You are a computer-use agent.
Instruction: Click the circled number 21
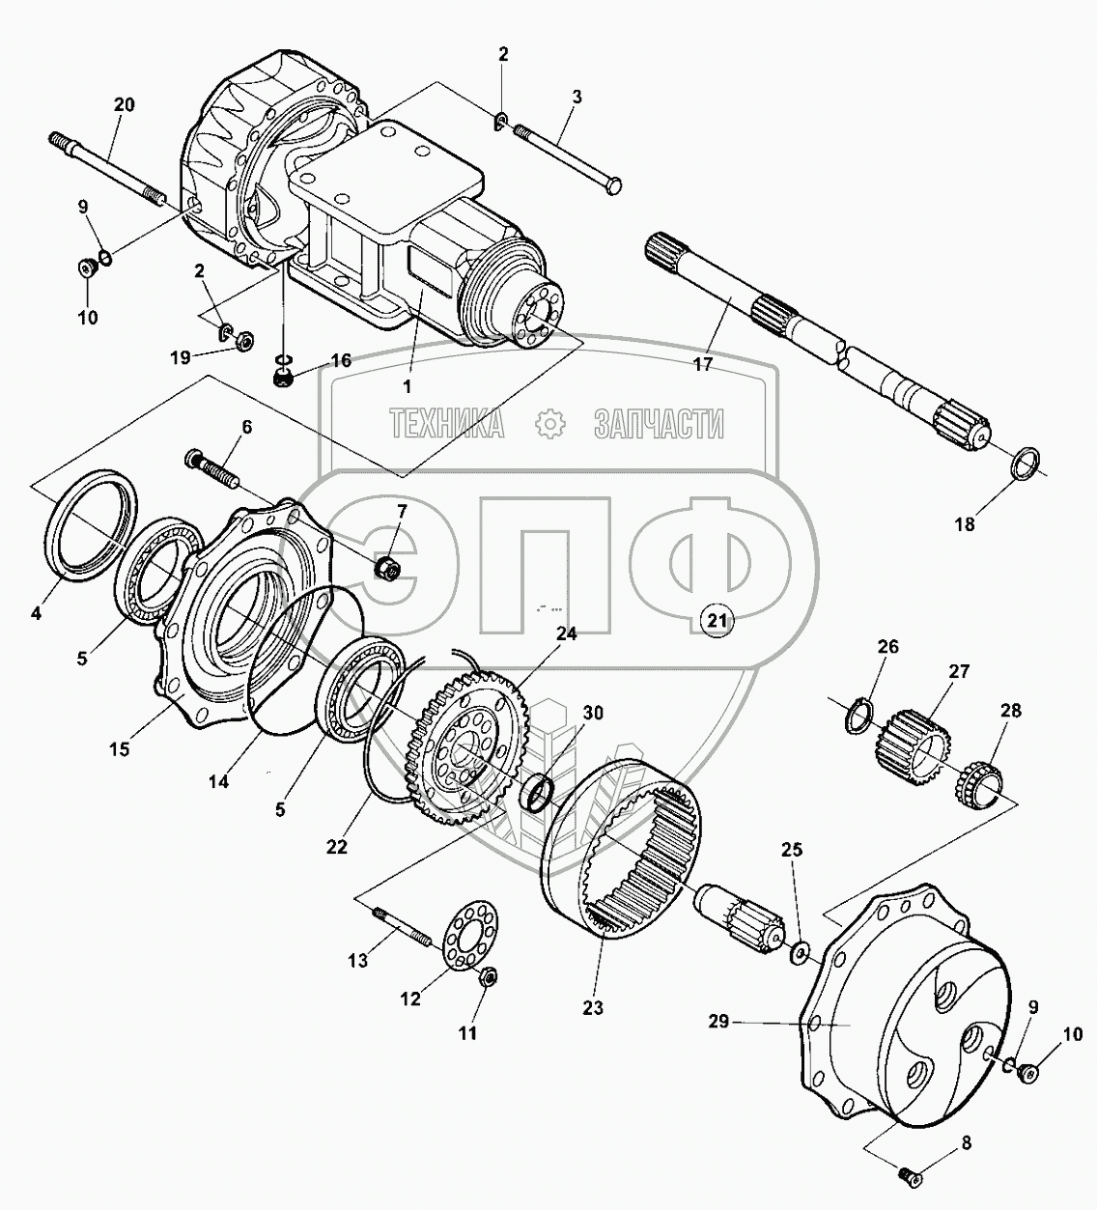click(x=716, y=621)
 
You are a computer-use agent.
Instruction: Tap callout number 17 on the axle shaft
click(x=703, y=364)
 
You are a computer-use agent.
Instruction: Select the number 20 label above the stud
click(x=124, y=107)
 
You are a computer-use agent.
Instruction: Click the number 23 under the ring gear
click(x=592, y=1007)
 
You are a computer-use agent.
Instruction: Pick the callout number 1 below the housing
click(x=407, y=386)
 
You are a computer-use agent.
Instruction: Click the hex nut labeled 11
click(x=488, y=978)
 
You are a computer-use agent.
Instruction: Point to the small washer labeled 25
click(x=801, y=955)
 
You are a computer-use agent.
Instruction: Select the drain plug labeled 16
click(x=284, y=378)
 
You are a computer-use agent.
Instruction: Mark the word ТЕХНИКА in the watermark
click(x=447, y=423)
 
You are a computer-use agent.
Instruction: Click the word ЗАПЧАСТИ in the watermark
click(x=658, y=423)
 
